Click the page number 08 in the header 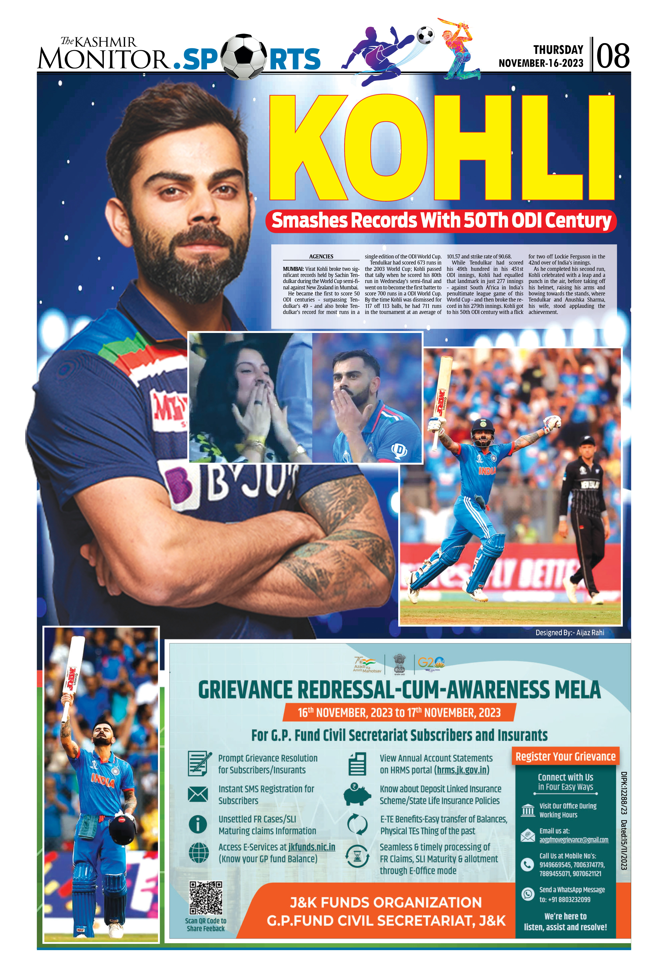[613, 56]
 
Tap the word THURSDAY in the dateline [558, 50]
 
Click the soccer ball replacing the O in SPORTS [243, 57]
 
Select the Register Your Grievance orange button [565, 756]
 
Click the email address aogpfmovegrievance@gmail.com [574, 840]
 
